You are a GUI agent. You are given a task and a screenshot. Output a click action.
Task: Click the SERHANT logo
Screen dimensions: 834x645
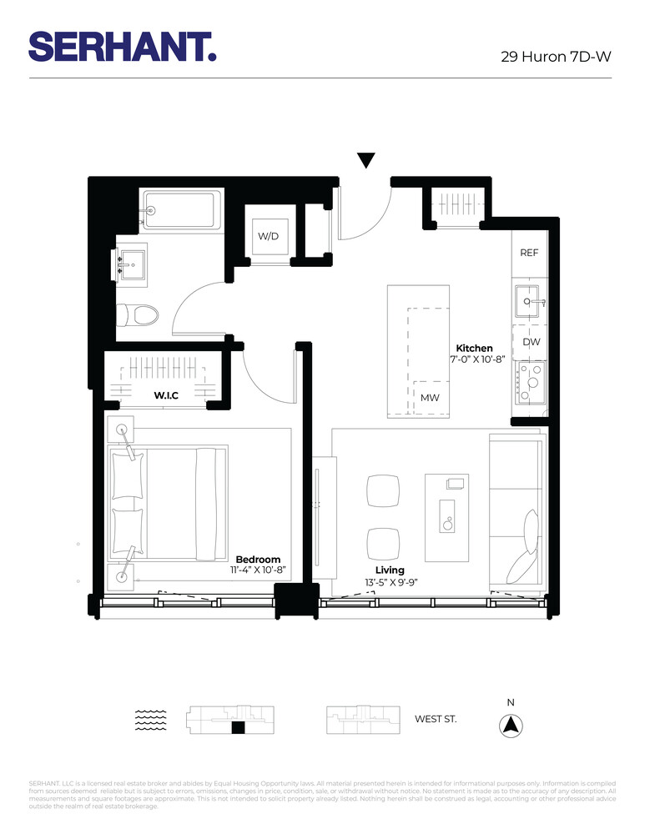123,46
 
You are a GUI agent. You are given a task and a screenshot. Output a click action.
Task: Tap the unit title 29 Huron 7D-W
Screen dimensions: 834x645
556,58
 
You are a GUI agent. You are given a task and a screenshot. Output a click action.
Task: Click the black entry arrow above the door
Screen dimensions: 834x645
365,161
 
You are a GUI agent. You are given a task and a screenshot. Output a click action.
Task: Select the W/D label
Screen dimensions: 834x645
267,237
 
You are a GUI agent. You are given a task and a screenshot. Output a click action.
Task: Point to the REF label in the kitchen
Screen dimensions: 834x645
529,252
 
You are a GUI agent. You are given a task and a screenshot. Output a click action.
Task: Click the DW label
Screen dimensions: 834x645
531,342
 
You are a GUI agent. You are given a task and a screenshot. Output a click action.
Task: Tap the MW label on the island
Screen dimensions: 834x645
430,398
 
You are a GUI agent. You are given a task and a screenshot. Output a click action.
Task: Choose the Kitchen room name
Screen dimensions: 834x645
474,348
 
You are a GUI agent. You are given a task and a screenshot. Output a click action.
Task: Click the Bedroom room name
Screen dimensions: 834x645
258,559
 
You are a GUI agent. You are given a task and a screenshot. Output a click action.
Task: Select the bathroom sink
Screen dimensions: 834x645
131,265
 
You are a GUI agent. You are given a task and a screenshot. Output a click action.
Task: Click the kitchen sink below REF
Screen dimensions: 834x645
529,301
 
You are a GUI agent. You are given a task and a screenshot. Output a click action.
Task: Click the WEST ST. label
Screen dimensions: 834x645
436,718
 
